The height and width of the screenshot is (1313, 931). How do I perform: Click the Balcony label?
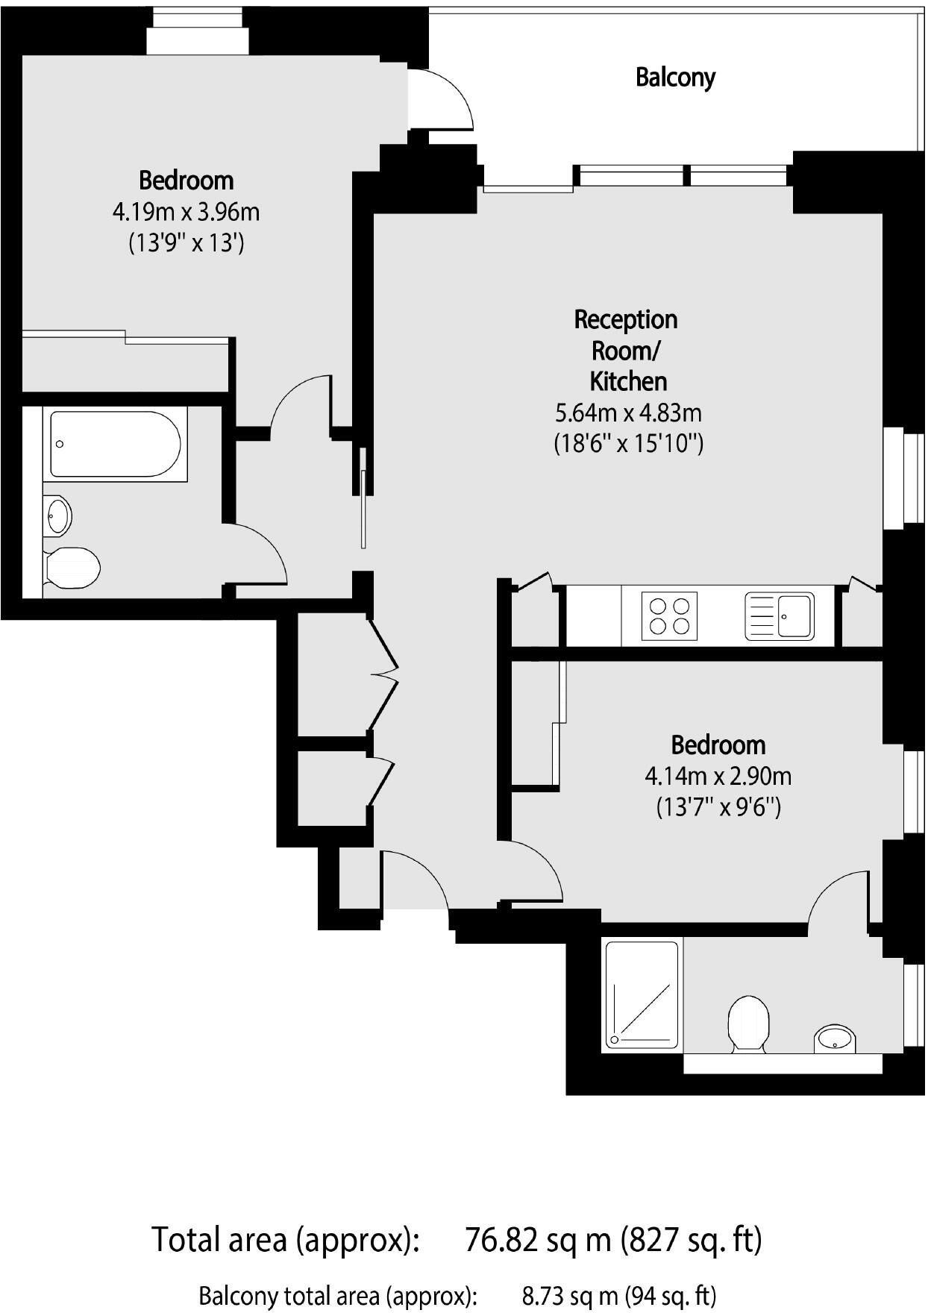(x=675, y=78)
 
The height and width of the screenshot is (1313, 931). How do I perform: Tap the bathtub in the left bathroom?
(x=116, y=444)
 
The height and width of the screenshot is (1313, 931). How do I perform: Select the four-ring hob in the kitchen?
(x=669, y=616)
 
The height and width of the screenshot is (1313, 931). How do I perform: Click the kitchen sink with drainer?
(x=780, y=616)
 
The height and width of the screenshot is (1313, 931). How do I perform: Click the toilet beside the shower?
(x=748, y=1022)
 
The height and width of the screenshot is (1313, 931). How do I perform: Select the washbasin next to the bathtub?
(x=57, y=516)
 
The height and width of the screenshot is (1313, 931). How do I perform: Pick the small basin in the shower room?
(x=835, y=1038)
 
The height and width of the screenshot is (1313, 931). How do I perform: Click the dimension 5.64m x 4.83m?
(x=628, y=413)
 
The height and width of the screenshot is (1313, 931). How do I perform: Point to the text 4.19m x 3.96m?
(x=186, y=213)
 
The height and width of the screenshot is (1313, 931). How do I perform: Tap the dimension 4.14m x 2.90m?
(x=718, y=777)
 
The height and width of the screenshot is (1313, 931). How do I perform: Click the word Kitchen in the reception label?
(x=628, y=381)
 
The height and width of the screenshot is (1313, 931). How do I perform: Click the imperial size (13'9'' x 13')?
(x=186, y=243)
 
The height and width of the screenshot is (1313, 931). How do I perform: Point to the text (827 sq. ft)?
(x=692, y=1239)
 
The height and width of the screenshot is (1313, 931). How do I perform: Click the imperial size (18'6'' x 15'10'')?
(x=628, y=444)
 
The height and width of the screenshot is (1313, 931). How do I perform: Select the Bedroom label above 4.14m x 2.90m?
(x=718, y=745)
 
